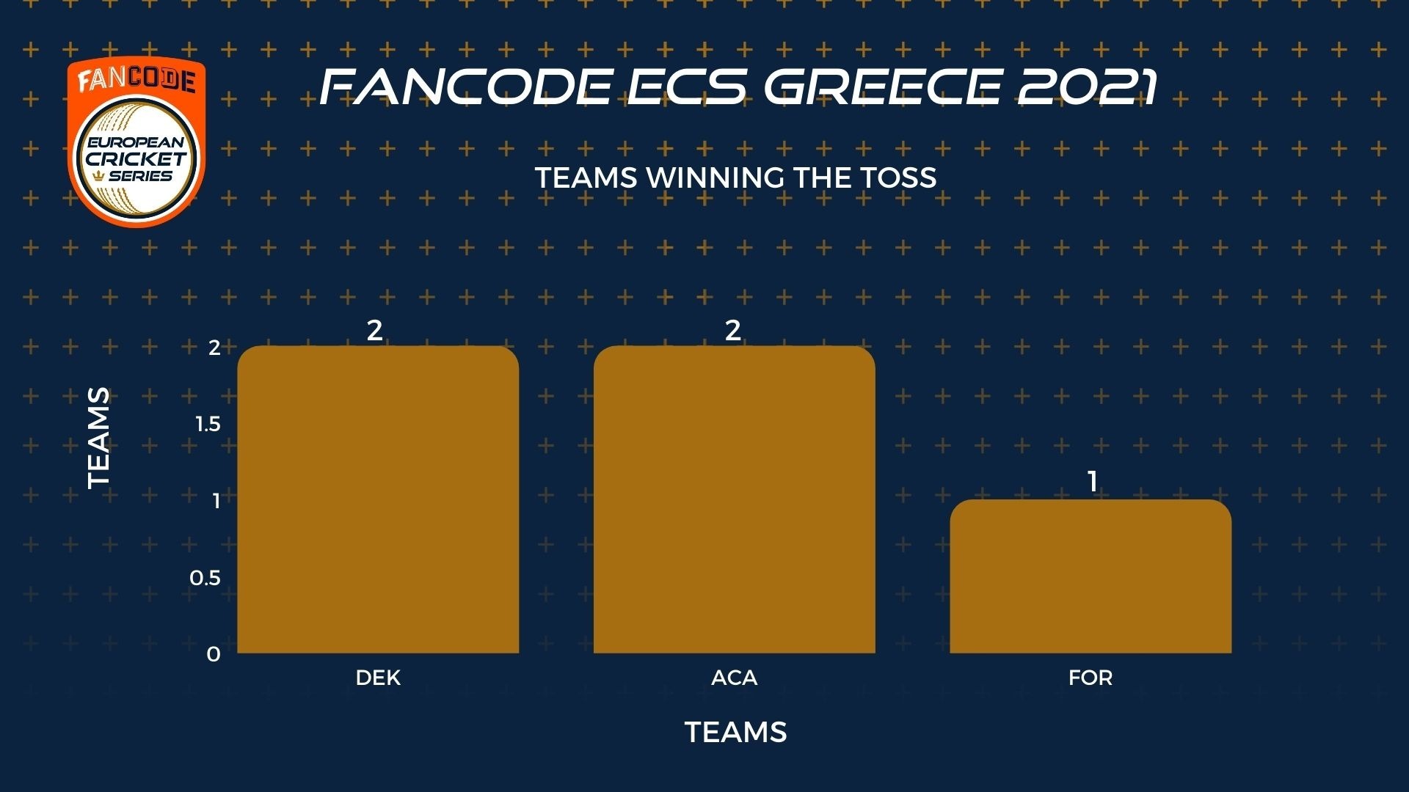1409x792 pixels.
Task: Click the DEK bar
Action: tap(378, 499)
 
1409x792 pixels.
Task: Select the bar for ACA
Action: tap(734, 499)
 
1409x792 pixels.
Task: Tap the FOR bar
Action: tap(1091, 576)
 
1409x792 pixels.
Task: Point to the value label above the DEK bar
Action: tap(375, 331)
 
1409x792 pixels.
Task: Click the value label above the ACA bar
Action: tap(733, 331)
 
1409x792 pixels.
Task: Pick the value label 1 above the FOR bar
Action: tap(1093, 482)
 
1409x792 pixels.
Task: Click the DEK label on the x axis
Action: tap(378, 678)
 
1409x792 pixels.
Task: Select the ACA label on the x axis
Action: tap(735, 678)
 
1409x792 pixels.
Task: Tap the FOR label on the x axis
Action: tap(1091, 678)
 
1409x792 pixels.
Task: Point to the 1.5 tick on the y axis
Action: tap(208, 424)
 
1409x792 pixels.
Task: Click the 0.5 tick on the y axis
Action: tap(205, 578)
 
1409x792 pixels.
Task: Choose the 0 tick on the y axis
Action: tap(214, 654)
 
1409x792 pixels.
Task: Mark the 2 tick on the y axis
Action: tap(214, 347)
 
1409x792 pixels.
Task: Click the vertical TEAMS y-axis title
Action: tap(98, 439)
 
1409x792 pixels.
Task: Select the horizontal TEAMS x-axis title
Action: tap(736, 732)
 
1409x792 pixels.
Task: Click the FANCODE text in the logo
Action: tap(136, 80)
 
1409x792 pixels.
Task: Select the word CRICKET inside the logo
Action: tap(136, 158)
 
